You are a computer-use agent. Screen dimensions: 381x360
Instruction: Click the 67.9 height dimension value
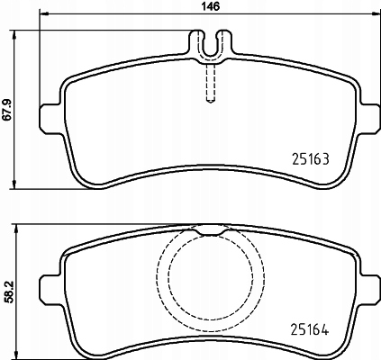[8, 110]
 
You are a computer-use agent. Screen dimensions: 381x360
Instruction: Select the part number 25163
[311, 159]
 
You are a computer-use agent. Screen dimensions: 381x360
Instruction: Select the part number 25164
[310, 329]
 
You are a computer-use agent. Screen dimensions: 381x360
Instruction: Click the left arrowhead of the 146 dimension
[44, 13]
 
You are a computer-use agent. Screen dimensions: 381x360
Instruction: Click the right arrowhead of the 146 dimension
[376, 13]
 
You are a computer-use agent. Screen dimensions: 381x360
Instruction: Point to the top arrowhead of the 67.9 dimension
[14, 34]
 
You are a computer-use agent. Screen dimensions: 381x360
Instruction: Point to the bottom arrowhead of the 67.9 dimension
[14, 184]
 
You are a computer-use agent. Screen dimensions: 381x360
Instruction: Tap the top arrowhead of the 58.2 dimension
[16, 229]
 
